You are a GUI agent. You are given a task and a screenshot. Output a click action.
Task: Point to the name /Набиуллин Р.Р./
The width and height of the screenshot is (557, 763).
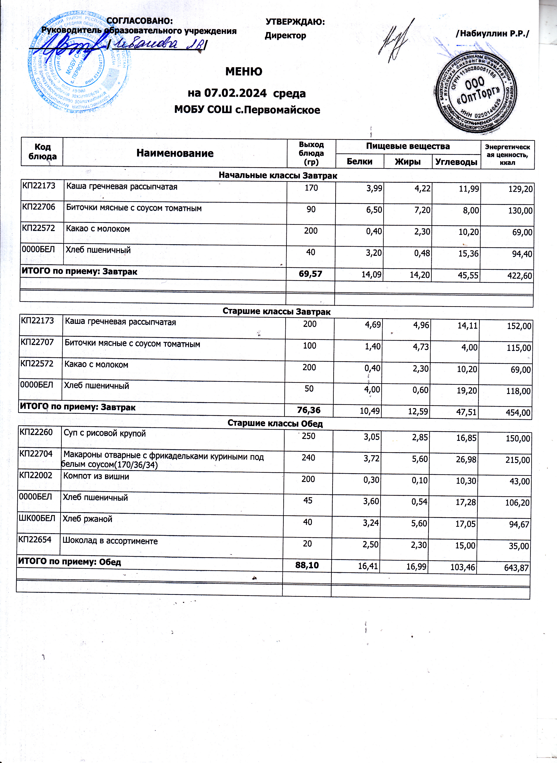492,33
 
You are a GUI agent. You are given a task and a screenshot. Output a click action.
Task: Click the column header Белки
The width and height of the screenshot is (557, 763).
359,162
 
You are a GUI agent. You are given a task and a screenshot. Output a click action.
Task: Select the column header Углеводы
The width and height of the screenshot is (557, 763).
456,162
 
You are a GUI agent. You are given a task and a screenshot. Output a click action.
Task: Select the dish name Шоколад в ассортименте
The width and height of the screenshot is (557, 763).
110,541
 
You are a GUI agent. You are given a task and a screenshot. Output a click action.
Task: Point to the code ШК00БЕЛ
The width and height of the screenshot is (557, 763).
37,518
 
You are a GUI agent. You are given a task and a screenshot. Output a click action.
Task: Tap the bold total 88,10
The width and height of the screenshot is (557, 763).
307,565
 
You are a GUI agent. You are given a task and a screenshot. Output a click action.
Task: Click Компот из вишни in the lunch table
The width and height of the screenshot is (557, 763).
96,476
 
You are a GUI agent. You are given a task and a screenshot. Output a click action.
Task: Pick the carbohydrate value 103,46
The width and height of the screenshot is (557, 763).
462,567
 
